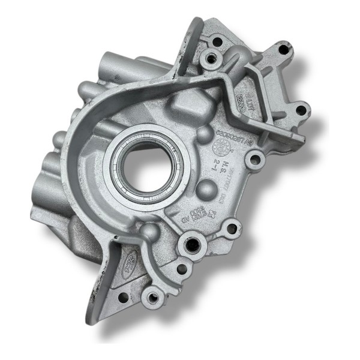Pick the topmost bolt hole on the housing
(217, 41)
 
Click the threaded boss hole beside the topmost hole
(209, 58)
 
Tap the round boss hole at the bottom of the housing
(155, 295)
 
